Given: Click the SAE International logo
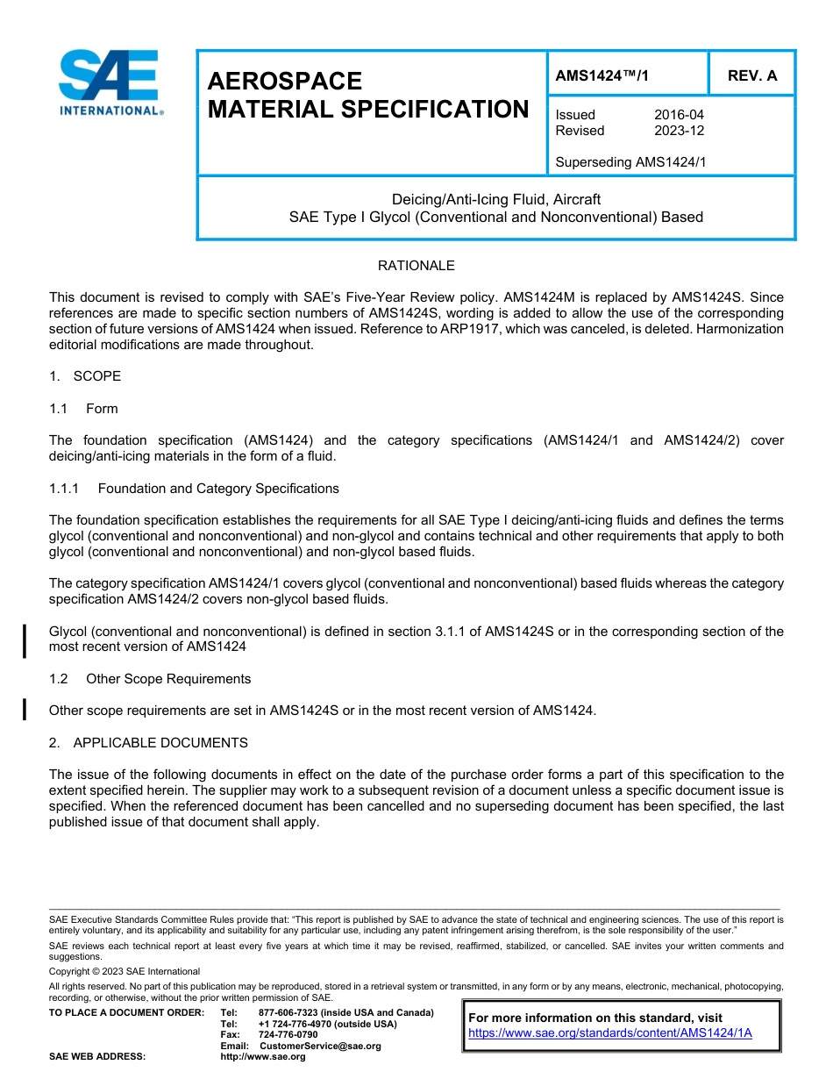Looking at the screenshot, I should (x=109, y=83).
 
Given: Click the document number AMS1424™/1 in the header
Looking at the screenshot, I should (x=602, y=75).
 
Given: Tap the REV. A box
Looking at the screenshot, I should (x=751, y=75).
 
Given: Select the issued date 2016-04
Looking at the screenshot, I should (x=679, y=115).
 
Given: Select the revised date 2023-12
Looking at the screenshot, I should (x=679, y=131).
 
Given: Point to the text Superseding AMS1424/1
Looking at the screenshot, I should (x=630, y=162).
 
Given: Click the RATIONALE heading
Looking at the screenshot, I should (x=416, y=266).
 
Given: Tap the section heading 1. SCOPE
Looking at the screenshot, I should (x=85, y=376).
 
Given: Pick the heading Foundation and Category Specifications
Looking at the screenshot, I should (x=218, y=489).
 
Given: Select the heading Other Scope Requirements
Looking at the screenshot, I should (x=168, y=679).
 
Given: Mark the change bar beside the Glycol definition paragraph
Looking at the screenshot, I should (x=25, y=640).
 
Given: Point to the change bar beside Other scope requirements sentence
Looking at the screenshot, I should (x=25, y=709).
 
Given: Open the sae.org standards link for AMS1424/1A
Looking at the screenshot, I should (x=610, y=1033).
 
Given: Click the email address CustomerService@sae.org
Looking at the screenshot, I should (x=320, y=1046).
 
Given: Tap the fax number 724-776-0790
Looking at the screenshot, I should (x=288, y=1034).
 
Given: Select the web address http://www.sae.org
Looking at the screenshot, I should (x=263, y=1056).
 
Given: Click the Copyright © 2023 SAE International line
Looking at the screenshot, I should (x=125, y=971).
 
